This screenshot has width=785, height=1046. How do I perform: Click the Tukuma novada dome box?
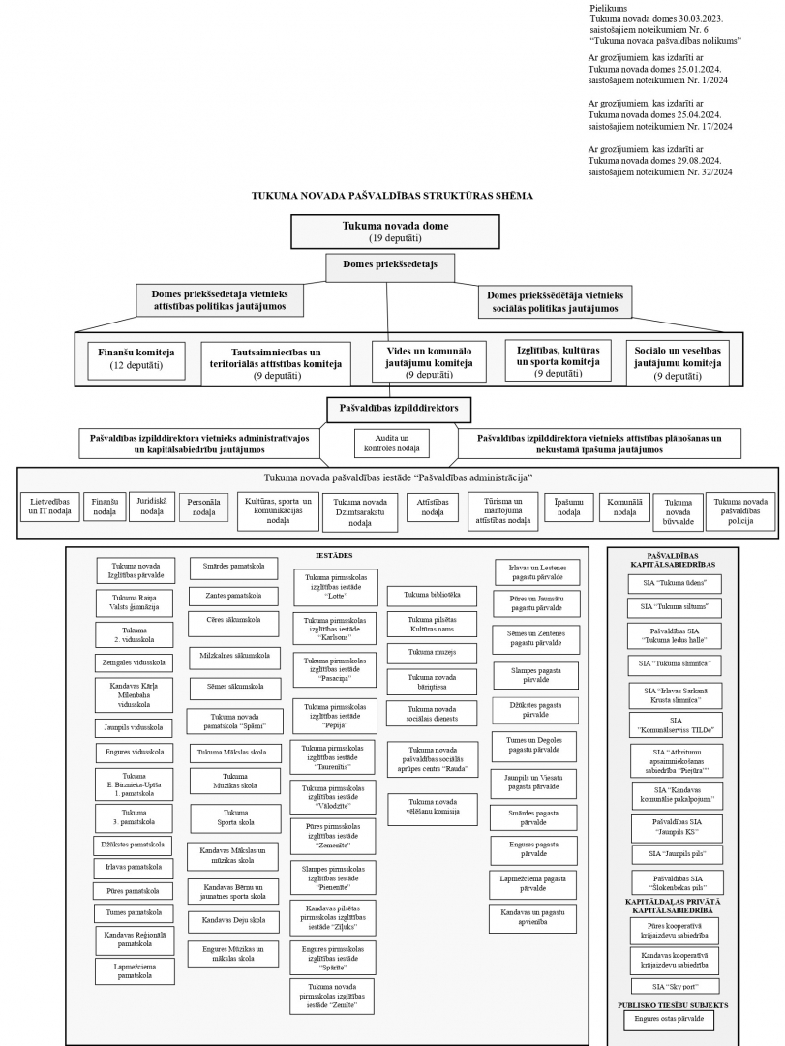(396, 231)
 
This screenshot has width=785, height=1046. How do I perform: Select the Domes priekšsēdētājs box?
(390, 267)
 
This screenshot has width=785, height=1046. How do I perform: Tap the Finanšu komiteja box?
(136, 360)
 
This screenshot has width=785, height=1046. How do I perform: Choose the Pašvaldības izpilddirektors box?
(399, 410)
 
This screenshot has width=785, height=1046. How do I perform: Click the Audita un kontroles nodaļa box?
(391, 443)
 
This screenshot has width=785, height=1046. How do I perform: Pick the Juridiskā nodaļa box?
(152, 507)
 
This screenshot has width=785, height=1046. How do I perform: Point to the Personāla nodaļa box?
(203, 508)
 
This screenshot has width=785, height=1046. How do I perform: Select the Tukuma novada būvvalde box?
(678, 512)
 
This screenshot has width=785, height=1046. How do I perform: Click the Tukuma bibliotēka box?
(432, 595)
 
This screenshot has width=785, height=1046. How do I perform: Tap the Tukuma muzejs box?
(432, 653)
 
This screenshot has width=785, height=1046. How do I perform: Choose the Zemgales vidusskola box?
(134, 663)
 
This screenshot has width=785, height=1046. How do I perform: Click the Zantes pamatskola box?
(232, 596)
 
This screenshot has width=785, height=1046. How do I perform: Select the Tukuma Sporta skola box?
(235, 817)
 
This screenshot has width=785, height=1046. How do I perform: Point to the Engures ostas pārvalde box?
(668, 1019)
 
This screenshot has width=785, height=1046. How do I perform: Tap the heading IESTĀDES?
(334, 556)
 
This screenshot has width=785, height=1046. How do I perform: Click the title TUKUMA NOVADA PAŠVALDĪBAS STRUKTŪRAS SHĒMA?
(392, 196)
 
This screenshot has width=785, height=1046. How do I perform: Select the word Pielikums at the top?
(608, 8)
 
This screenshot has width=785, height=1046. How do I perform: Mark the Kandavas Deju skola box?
(234, 921)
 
